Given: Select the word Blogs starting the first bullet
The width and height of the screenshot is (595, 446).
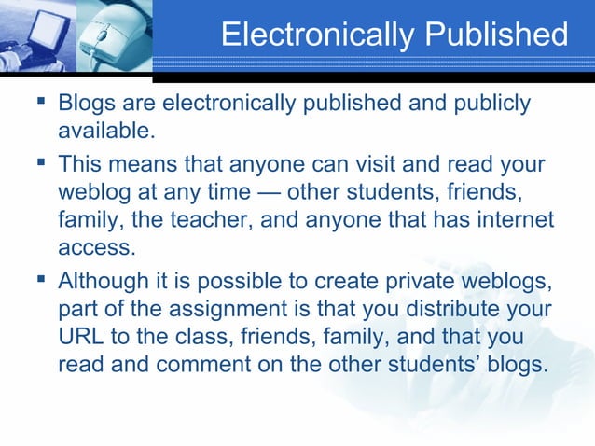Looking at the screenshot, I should point(84,102).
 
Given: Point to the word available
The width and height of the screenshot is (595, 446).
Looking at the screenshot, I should point(101,128).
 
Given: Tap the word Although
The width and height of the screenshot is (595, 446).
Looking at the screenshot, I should point(104,283).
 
